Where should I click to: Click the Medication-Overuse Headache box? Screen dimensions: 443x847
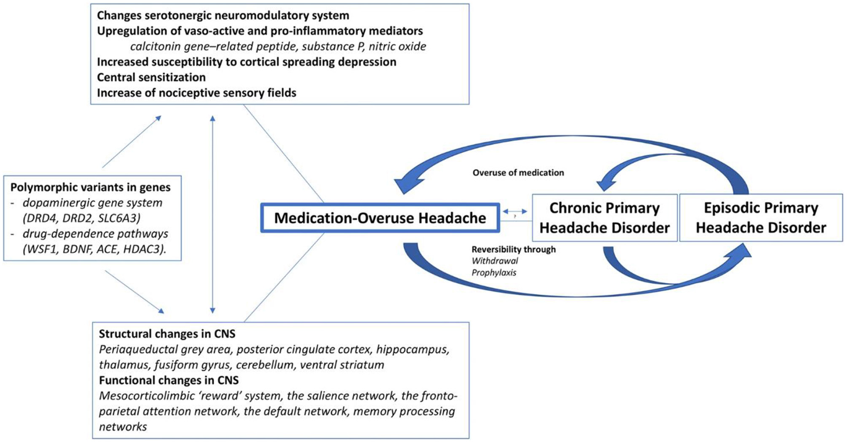(380, 218)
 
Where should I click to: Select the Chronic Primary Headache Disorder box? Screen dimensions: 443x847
(605, 217)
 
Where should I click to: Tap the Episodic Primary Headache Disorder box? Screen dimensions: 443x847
(760, 217)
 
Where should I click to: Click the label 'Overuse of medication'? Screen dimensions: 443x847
(518, 173)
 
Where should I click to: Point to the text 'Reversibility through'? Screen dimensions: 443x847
(513, 249)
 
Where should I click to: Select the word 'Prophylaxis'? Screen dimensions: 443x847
(494, 273)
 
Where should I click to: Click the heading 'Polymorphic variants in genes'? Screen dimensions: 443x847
(90, 187)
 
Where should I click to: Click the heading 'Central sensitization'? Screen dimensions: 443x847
(151, 77)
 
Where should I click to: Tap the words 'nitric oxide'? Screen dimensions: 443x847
(397, 46)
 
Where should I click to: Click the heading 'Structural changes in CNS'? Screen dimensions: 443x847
(167, 334)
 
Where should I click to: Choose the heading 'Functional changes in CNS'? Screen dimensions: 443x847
(169, 380)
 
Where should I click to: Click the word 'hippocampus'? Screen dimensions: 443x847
(413, 349)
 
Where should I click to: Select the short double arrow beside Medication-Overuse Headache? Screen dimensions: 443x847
(515, 211)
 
